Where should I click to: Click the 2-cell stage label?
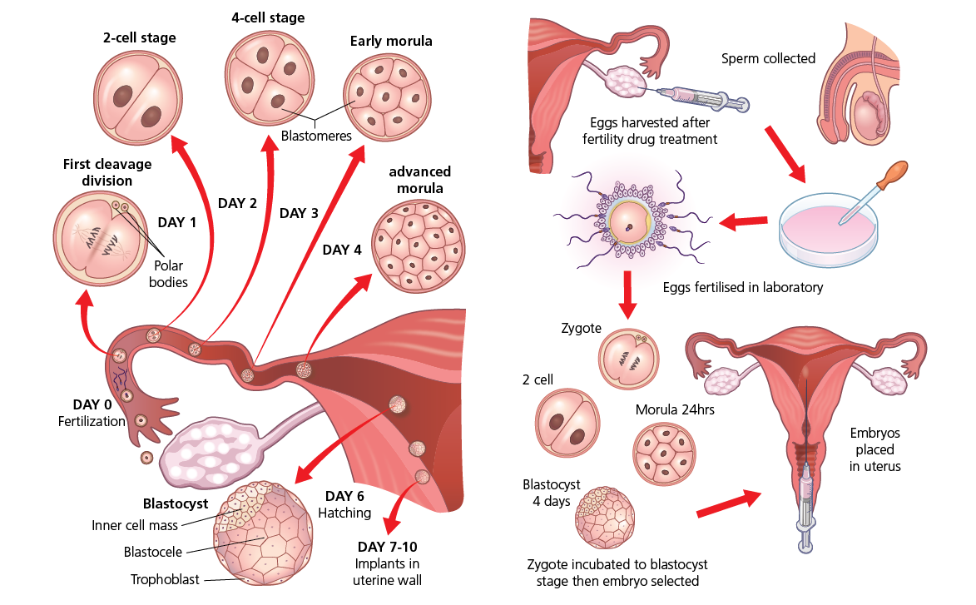(x=141, y=37)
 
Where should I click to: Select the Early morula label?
(x=391, y=41)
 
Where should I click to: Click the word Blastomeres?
(x=316, y=135)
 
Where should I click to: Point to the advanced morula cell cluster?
(x=418, y=248)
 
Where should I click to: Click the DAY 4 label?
(x=342, y=249)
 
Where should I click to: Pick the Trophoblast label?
(x=165, y=579)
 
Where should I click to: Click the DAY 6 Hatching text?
(x=344, y=504)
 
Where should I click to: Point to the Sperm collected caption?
(x=768, y=58)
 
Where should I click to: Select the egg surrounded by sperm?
(x=630, y=220)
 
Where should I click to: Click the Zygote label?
(x=581, y=329)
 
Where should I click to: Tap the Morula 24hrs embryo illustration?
(x=664, y=454)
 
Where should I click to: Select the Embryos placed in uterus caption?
(x=874, y=449)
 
